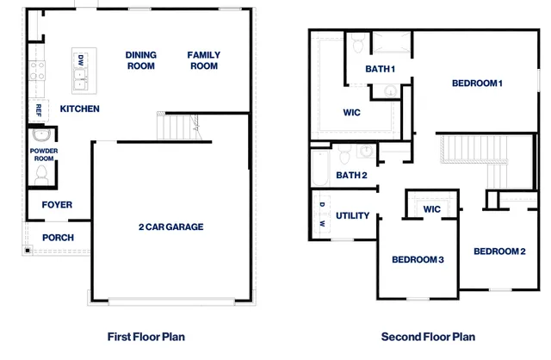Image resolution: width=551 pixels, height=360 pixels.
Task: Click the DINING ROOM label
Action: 140,60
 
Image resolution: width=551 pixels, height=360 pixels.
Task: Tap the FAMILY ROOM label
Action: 203,60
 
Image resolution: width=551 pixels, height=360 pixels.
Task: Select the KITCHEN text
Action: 79,109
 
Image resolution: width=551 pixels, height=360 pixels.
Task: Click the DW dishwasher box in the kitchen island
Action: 81,61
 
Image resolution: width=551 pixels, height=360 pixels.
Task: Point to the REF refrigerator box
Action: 39,110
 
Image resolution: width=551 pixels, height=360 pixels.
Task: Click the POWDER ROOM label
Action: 43,154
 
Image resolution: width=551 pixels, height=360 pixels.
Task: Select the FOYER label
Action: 57,205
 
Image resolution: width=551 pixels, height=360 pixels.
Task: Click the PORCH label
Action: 58,238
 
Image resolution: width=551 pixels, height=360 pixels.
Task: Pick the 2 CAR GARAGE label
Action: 170,227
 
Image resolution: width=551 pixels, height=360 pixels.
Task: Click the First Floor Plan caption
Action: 145,337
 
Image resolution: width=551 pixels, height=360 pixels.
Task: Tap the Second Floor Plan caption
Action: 428,337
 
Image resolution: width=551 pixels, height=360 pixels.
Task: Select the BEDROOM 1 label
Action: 477,84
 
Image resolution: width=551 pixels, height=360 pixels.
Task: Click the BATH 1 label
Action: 380,69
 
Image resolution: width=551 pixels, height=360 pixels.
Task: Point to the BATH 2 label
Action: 351,176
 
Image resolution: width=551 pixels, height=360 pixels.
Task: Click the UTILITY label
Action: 353,215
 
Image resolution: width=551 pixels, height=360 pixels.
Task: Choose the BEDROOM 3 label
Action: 418,260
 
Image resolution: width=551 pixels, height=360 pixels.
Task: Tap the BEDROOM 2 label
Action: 499,251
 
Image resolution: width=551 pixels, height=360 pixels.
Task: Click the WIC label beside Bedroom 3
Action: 432,209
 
